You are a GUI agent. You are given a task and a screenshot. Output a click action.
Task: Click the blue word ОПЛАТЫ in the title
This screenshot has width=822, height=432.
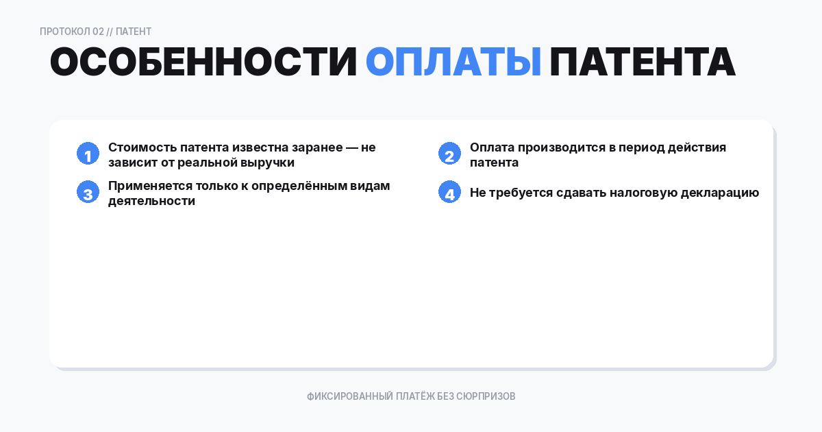pos(453,62)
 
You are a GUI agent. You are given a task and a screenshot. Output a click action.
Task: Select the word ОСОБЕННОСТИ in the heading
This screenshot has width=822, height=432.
pos(203,62)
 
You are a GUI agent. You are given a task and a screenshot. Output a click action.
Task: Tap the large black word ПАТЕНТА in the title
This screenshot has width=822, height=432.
pos(642,62)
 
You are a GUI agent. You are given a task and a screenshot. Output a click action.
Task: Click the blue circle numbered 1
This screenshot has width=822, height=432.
pos(88,154)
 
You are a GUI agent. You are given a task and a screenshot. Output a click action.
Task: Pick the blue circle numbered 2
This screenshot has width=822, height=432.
pos(449,154)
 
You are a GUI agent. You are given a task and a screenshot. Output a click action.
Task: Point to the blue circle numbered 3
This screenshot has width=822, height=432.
pos(88,193)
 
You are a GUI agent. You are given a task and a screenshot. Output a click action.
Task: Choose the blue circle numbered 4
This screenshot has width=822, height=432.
pos(449,193)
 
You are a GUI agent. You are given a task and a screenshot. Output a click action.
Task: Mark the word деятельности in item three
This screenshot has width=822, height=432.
pos(151,202)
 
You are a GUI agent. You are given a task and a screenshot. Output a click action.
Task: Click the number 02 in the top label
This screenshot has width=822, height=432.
pos(98,32)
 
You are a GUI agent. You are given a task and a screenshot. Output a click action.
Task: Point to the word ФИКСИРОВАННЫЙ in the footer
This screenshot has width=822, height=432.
pos(349,396)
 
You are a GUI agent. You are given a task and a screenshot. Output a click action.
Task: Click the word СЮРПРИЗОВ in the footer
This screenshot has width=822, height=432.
pos(486,396)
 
